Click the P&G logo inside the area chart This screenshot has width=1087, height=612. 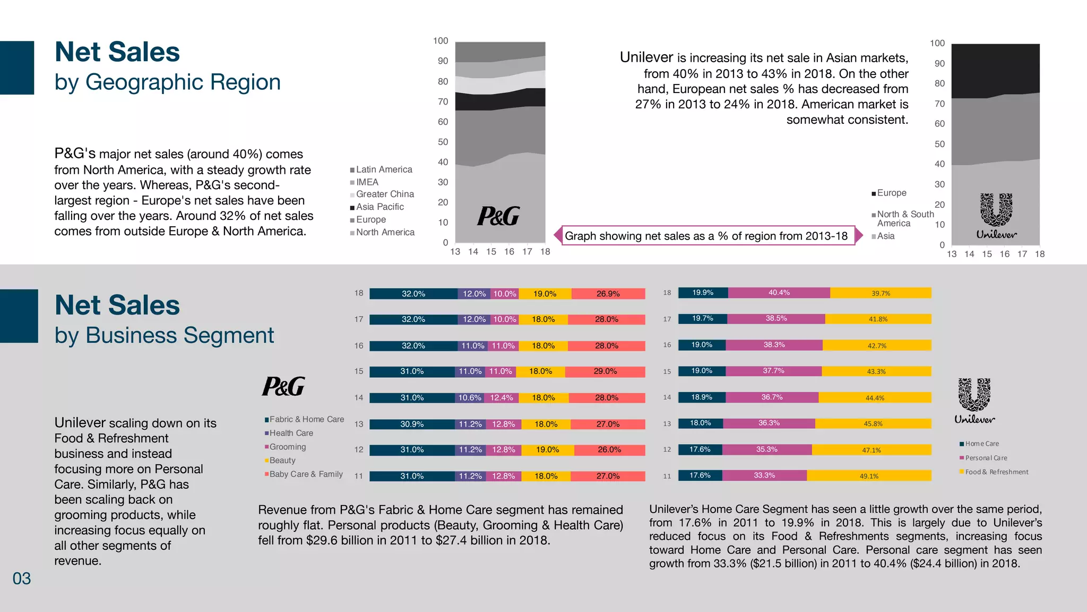(x=498, y=216)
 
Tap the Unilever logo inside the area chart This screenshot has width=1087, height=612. (x=996, y=216)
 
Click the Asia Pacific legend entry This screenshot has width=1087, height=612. (x=379, y=207)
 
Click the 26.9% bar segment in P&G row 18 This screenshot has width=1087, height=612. (x=608, y=294)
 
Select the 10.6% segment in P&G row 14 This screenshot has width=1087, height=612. (x=469, y=398)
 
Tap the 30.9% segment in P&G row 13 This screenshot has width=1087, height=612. (x=412, y=424)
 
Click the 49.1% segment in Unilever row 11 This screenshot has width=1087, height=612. (x=869, y=476)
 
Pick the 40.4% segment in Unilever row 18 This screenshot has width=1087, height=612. (x=779, y=293)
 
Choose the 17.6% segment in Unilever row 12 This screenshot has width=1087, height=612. (x=700, y=449)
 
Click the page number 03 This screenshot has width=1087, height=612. (x=22, y=579)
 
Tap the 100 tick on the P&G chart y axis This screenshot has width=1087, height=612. (x=441, y=41)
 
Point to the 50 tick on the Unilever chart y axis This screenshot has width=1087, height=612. (x=939, y=144)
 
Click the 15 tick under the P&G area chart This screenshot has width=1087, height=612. (x=491, y=252)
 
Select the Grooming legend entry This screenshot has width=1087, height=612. (x=287, y=447)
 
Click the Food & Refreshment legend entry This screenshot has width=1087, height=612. (x=996, y=472)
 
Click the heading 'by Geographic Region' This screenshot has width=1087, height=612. (x=167, y=82)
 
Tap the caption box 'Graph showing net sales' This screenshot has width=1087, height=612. (x=706, y=236)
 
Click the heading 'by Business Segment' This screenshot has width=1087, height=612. (x=164, y=336)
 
